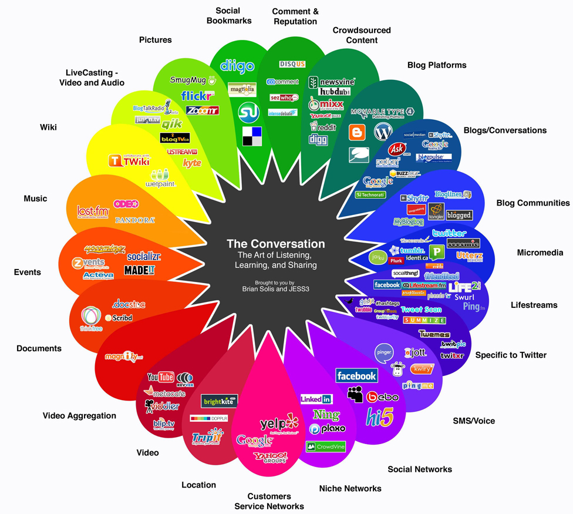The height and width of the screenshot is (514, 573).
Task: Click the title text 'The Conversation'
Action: pyautogui.click(x=276, y=243)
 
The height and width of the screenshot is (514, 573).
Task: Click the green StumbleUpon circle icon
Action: pyautogui.click(x=248, y=112)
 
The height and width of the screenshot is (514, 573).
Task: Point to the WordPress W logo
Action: pyautogui.click(x=383, y=132)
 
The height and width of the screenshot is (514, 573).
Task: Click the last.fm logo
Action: pyautogui.click(x=93, y=211)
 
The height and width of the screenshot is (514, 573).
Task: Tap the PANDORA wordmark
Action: pyautogui.click(x=135, y=220)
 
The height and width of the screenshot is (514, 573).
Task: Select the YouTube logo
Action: pyautogui.click(x=160, y=377)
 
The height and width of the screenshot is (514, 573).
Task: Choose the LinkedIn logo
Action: pyautogui.click(x=316, y=399)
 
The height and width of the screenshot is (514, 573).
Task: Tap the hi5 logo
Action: pyautogui.click(x=379, y=416)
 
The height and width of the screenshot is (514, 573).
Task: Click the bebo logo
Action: pyautogui.click(x=383, y=397)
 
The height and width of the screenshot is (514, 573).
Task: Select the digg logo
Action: pyautogui.click(x=318, y=139)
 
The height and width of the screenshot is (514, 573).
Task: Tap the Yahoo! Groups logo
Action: pyautogui.click(x=271, y=457)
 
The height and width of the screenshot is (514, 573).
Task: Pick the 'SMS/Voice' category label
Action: pyautogui.click(x=474, y=421)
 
